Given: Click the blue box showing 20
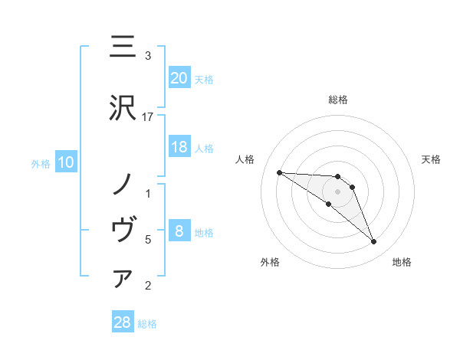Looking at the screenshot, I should (x=179, y=78).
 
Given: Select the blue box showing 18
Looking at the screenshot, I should (x=179, y=147).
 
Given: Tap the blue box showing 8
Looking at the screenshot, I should (x=179, y=231).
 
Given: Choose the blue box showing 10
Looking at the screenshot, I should (x=65, y=162).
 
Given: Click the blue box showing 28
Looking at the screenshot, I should (x=123, y=322).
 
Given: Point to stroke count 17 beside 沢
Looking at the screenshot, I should (x=148, y=116).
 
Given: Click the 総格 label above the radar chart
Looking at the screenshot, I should (x=338, y=100).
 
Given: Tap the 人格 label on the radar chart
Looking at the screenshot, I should (x=245, y=159).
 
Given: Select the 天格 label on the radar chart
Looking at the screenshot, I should (x=431, y=159).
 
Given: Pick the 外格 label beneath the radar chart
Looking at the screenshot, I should (x=270, y=262).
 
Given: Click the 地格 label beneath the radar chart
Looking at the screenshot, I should (x=402, y=262).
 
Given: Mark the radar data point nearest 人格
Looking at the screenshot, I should (x=279, y=172).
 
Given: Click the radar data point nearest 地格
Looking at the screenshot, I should (x=373, y=242).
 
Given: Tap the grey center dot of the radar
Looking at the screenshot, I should (x=338, y=191).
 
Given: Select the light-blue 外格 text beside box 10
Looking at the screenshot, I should (x=40, y=163).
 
